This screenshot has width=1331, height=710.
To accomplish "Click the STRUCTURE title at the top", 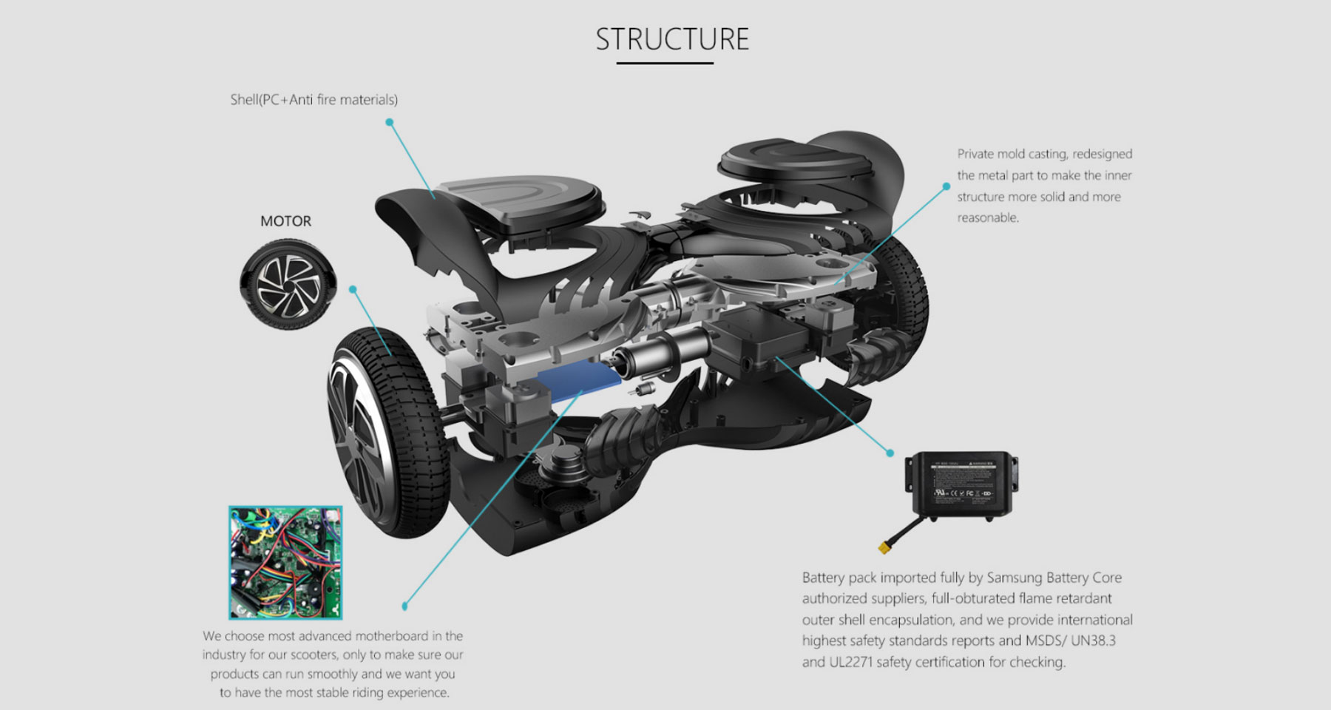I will click(x=672, y=39).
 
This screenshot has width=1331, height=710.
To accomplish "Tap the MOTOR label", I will click(x=285, y=221).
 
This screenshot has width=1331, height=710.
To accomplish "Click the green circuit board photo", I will click(x=285, y=562).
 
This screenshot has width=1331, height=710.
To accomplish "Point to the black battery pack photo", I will click(x=962, y=484).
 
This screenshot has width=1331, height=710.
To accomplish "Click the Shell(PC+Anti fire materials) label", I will click(x=314, y=100).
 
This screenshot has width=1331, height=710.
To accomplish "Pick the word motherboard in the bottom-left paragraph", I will click(x=392, y=636).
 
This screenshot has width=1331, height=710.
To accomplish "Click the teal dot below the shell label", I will click(x=390, y=122).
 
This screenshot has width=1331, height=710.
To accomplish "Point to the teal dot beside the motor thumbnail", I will click(x=353, y=289).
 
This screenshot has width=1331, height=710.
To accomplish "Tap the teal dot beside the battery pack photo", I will click(x=890, y=453).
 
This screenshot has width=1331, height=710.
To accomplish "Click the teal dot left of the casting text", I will click(x=946, y=186).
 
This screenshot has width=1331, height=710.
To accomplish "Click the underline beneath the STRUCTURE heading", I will click(x=665, y=64).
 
